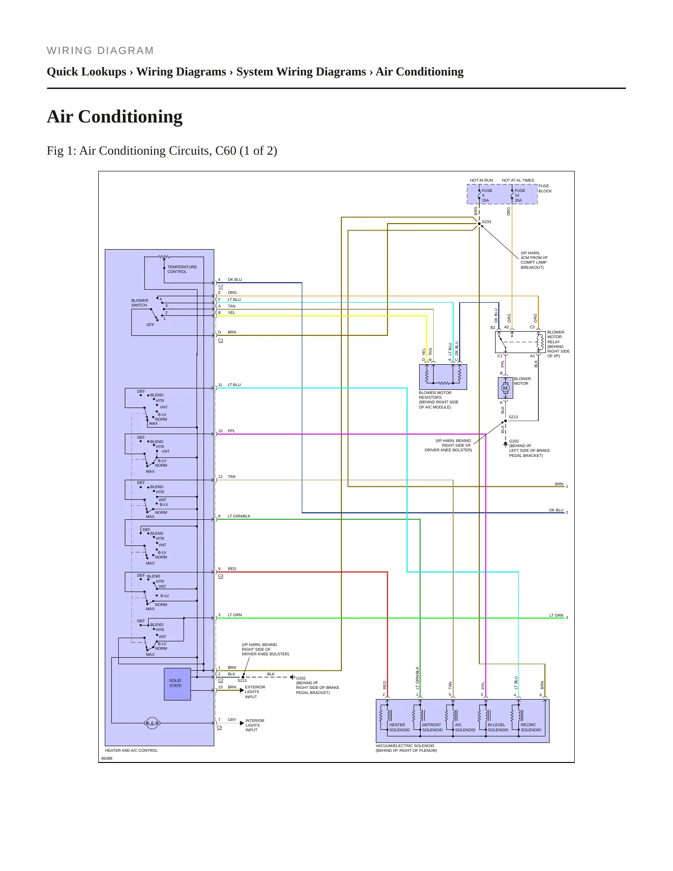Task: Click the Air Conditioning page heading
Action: click(115, 116)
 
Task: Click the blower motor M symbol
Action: click(505, 388)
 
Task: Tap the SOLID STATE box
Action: click(177, 684)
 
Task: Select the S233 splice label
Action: click(487, 222)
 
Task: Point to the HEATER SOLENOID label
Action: click(400, 727)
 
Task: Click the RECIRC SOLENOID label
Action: click(531, 727)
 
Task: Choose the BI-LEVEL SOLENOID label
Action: click(498, 727)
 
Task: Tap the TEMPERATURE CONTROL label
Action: click(182, 269)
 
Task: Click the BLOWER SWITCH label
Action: click(140, 303)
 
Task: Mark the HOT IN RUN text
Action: click(481, 180)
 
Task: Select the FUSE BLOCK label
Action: click(545, 188)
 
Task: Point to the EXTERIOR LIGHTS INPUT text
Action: click(255, 692)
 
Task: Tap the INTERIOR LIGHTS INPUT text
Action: click(255, 725)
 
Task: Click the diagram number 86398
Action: click(107, 758)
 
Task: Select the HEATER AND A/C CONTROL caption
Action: click(131, 750)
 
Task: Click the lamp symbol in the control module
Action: click(152, 723)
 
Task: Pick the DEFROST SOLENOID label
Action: click(432, 727)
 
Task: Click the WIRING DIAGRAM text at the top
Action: click(100, 51)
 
